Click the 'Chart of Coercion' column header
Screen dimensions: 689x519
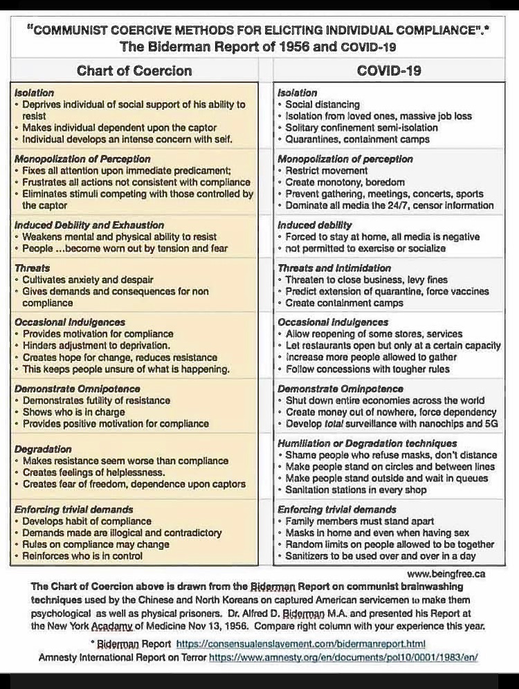[134, 71]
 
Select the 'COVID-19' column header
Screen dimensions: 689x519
[388, 71]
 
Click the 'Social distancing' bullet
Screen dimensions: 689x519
[322, 104]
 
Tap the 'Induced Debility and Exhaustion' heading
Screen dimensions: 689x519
[89, 225]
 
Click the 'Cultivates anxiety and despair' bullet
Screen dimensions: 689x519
[88, 279]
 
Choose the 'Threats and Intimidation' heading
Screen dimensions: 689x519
[334, 268]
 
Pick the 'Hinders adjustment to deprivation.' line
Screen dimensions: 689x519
[96, 345]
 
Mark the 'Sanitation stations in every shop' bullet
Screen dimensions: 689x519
[356, 490]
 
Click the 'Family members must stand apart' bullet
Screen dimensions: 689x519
[360, 521]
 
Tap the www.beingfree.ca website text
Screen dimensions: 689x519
[446, 573]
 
